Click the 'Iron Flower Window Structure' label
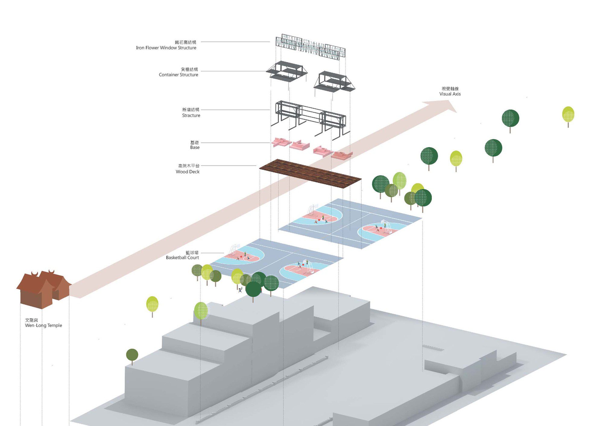click(166, 48)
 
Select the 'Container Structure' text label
click(178, 75)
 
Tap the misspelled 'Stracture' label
click(191, 115)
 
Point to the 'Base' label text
click(195, 147)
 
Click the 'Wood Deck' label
click(188, 172)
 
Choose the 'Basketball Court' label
click(182, 257)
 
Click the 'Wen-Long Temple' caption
click(43, 325)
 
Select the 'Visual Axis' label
click(450, 94)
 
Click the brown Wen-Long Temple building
click(44, 289)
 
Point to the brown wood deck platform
click(310, 173)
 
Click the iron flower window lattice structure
click(311, 47)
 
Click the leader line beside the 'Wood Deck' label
click(229, 166)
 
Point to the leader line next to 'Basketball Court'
click(212, 253)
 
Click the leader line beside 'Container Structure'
click(233, 71)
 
